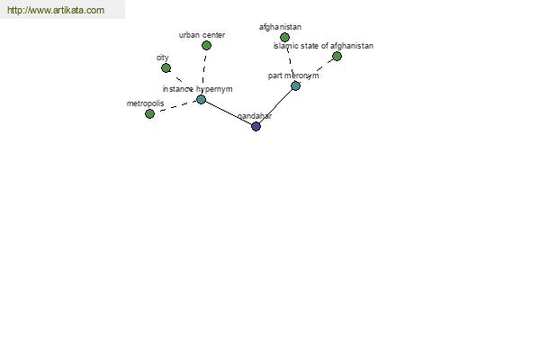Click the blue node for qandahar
pos(256,126)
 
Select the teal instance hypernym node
pos(201,100)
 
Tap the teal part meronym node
pos(295,85)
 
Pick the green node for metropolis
pos(149,113)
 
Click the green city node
pos(166,67)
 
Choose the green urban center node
pos(206,46)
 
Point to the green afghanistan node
pos(284,37)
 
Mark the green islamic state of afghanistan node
pos(337,56)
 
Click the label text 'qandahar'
pos(255,116)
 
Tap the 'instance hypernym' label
pos(197,89)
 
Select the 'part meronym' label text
pos(293,76)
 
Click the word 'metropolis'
pos(145,103)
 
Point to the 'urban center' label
pos(202,35)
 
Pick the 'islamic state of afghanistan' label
pos(323,46)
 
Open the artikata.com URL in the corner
pos(56,10)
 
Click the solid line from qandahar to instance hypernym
pos(229,113)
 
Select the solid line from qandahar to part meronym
pos(275,106)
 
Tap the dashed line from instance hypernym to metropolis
pos(175,107)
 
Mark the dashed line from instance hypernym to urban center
pos(204,72)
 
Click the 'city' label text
pos(163,58)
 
